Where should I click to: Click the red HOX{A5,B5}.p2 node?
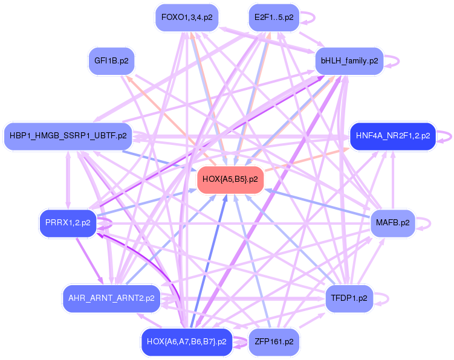coord(230,179)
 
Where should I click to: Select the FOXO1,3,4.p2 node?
coord(186,18)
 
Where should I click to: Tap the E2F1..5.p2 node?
coord(274,18)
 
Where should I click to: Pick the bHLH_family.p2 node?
coord(349,61)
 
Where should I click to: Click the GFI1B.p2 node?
coord(111,61)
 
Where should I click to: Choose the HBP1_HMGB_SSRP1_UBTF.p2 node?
coord(68,136)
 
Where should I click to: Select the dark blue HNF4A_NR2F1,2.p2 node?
coord(392,136)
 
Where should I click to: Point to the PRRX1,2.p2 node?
coord(68,223)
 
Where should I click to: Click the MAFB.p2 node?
coord(392,223)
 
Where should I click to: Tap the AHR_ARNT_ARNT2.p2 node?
coord(111,298)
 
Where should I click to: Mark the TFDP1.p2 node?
coord(349,298)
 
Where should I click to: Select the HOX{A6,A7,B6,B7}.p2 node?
coord(186,342)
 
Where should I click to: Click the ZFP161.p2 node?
coord(274,342)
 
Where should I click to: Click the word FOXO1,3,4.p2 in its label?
coord(186,18)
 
